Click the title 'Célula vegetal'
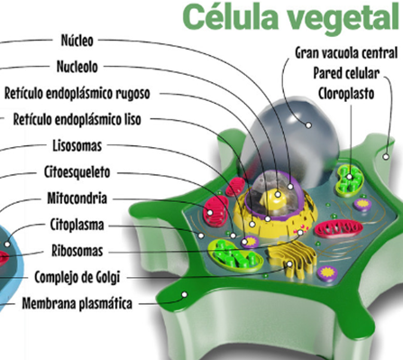[291, 17]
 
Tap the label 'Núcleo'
[77, 41]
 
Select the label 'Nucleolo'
[78, 67]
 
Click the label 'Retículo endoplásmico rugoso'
[77, 93]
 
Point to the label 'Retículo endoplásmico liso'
[77, 119]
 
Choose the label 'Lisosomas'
[78, 146]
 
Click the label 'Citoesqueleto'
[78, 172]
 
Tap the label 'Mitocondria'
[78, 198]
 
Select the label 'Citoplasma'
[78, 225]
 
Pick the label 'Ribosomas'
[78, 251]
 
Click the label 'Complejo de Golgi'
[78, 277]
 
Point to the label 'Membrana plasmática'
[78, 303]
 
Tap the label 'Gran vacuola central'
[346, 53]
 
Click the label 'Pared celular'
[346, 73]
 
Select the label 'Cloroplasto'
[346, 94]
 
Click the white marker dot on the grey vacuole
[308, 125]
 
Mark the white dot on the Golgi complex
[289, 264]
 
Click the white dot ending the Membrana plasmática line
[185, 294]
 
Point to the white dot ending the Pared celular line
[386, 156]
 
